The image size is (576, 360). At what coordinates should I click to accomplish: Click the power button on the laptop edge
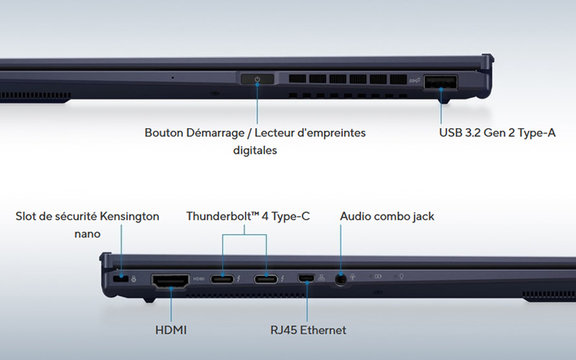coord(257,79)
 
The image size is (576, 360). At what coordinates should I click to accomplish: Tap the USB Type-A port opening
coord(441,82)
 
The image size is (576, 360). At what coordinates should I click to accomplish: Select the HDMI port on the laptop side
coord(171,281)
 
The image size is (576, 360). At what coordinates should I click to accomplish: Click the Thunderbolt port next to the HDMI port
coord(222,279)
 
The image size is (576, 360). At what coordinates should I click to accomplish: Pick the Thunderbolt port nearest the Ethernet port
coord(266,279)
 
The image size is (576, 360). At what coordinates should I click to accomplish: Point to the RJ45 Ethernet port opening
coord(306,278)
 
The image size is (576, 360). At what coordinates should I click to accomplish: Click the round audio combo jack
coord(341,279)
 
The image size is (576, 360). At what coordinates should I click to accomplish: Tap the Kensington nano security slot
coord(121,279)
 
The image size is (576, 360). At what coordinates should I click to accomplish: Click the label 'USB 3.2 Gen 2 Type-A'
coord(498,132)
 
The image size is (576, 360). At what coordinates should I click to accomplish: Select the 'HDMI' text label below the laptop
coord(171,330)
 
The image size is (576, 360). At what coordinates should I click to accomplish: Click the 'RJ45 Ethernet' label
coord(308,330)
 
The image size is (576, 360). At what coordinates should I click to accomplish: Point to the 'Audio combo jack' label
coord(387,216)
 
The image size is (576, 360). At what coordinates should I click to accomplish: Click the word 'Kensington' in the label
coord(130,217)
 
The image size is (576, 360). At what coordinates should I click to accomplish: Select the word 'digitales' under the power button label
coord(255,150)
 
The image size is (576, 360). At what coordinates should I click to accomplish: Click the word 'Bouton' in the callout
coord(164,132)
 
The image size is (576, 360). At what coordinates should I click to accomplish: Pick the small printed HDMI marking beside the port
coord(199,279)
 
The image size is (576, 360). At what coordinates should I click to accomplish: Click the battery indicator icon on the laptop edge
coord(377,276)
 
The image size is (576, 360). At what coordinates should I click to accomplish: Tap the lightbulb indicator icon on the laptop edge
coord(402,276)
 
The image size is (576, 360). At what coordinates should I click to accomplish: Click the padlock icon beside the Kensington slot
coord(133,279)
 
